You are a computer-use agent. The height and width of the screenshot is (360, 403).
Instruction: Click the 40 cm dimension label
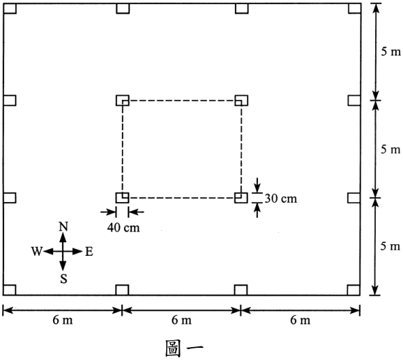pyautogui.click(x=124, y=228)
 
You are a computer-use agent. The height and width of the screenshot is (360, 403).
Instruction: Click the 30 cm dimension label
pyautogui.click(x=280, y=199)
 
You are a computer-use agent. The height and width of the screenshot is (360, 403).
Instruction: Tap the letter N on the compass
pyautogui.click(x=63, y=227)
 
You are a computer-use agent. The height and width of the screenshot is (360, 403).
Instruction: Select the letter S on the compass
pyautogui.click(x=63, y=279)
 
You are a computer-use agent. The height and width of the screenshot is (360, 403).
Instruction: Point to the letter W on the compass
pyautogui.click(x=37, y=251)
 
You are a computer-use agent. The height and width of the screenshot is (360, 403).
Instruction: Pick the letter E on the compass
pyautogui.click(x=89, y=252)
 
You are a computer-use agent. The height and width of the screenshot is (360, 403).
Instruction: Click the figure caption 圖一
pyautogui.click(x=184, y=348)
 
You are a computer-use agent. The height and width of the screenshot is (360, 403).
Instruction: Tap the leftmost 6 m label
pyautogui.click(x=63, y=320)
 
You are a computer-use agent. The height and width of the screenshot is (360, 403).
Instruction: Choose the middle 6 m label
pyautogui.click(x=182, y=320)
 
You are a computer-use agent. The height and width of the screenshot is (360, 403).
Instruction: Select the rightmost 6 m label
pyautogui.click(x=300, y=320)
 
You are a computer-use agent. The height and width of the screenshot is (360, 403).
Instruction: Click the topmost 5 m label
pyautogui.click(x=391, y=52)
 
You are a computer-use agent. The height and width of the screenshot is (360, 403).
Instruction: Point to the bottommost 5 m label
pyautogui.click(x=390, y=246)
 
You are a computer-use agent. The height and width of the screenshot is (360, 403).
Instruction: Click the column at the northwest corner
pyautogui.click(x=10, y=8)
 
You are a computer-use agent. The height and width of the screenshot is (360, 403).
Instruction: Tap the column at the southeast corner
pyautogui.click(x=354, y=290)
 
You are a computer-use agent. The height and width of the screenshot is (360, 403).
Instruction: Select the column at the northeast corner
pyautogui.click(x=355, y=8)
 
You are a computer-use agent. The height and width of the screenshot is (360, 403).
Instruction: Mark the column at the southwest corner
pyautogui.click(x=10, y=290)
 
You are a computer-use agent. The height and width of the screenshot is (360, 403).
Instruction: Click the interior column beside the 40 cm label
pyautogui.click(x=123, y=198)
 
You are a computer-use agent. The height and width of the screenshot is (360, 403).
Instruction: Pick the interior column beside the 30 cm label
pyautogui.click(x=241, y=198)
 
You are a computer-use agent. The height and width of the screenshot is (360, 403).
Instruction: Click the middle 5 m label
pyautogui.click(x=391, y=149)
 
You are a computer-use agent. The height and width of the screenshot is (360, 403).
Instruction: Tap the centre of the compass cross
pyautogui.click(x=63, y=252)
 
